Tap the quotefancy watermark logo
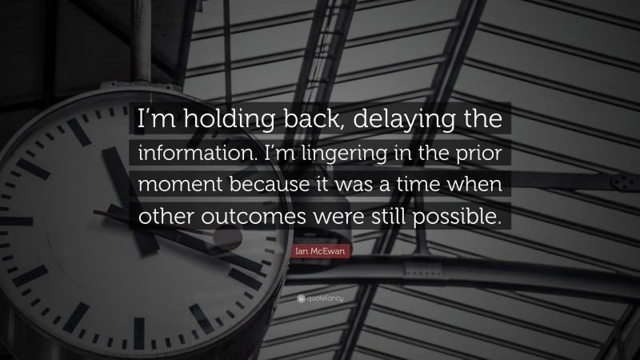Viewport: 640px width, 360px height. tap(319, 298)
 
